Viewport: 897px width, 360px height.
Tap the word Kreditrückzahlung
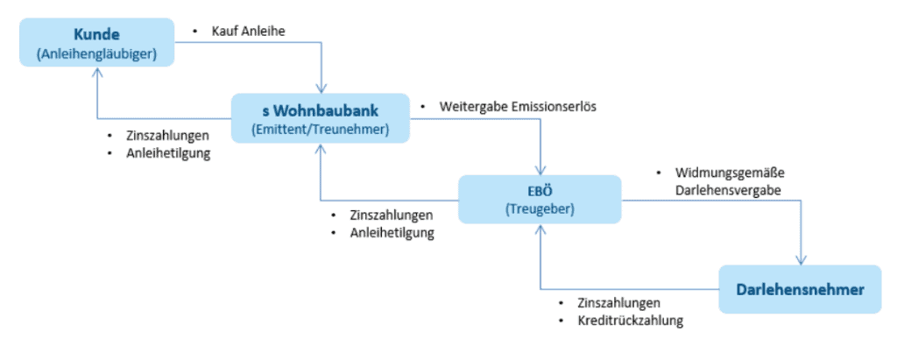coord(630,321)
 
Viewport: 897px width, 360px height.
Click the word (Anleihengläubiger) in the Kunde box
coord(97,54)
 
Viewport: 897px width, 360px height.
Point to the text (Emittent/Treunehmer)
coord(320,131)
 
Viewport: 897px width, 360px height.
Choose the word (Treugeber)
coord(539,210)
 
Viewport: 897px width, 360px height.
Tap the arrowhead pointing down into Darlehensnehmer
coord(801,260)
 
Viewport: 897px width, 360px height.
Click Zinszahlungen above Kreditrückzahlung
coord(618,304)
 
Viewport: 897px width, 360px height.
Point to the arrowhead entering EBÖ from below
coord(540,229)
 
